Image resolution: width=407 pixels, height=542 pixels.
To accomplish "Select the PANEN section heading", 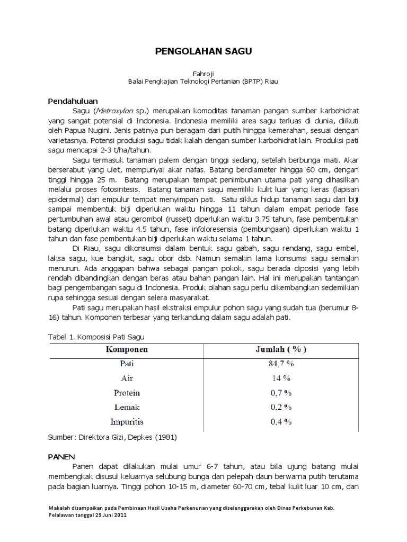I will pyautogui.click(x=61, y=456).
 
